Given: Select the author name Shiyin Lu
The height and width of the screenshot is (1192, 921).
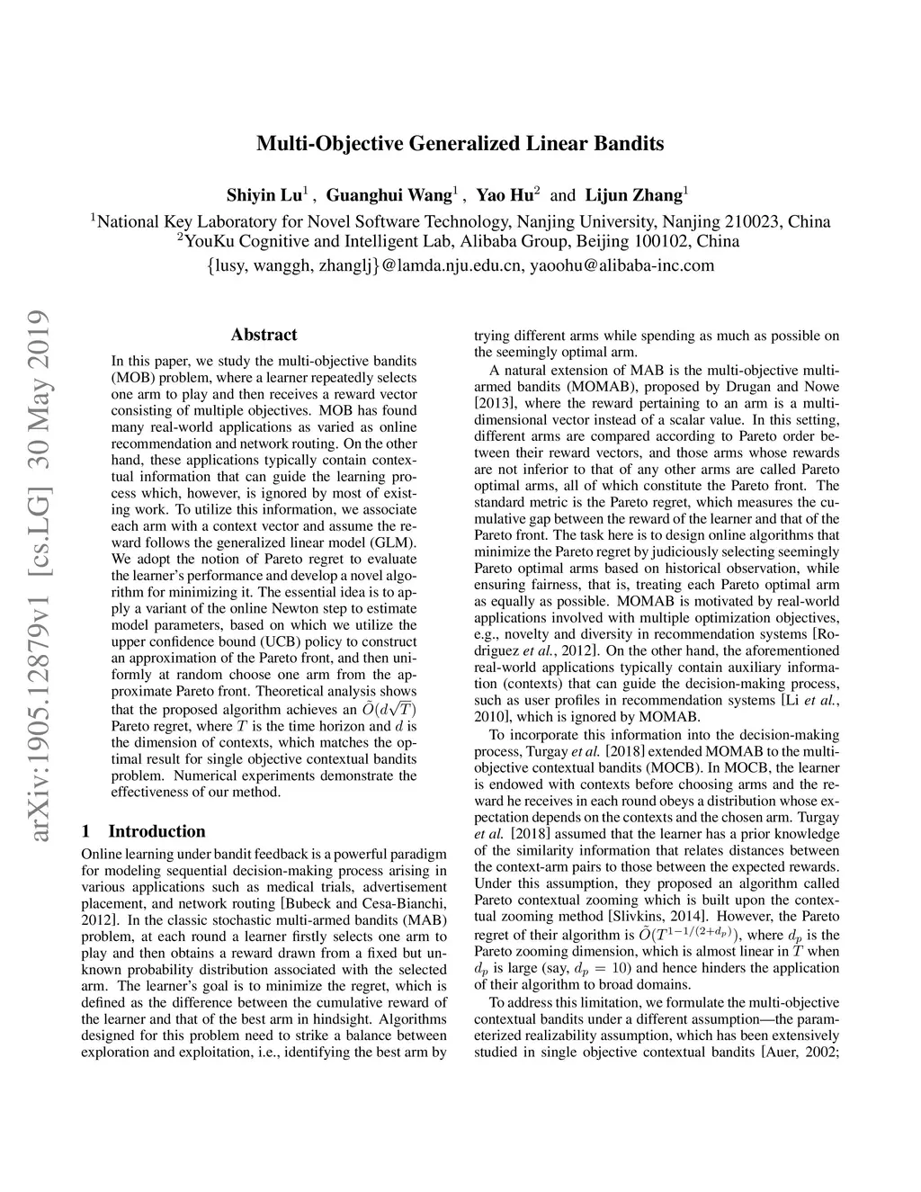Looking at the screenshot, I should pos(267,195).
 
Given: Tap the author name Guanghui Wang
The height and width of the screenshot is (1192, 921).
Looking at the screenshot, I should pos(390,195).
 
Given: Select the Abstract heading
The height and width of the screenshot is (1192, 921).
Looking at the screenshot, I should pos(264,335).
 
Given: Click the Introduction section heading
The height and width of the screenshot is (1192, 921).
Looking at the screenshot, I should pos(156,831).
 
